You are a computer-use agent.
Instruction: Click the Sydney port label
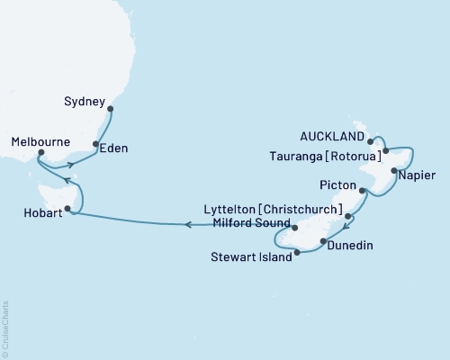click(x=86, y=101)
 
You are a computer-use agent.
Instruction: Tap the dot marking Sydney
click(x=111, y=110)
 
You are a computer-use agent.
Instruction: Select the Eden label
click(x=114, y=147)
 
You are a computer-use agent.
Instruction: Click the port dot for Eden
click(x=95, y=143)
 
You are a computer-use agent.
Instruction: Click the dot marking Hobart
click(x=67, y=208)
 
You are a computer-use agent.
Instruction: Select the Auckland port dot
click(x=371, y=140)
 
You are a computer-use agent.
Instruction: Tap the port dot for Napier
click(x=393, y=170)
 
